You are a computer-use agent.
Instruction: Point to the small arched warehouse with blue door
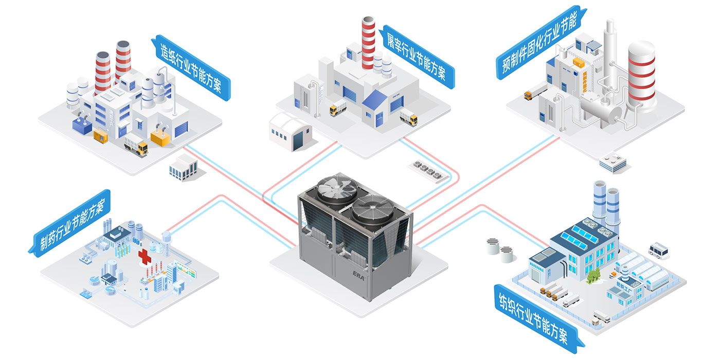[291, 131]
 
